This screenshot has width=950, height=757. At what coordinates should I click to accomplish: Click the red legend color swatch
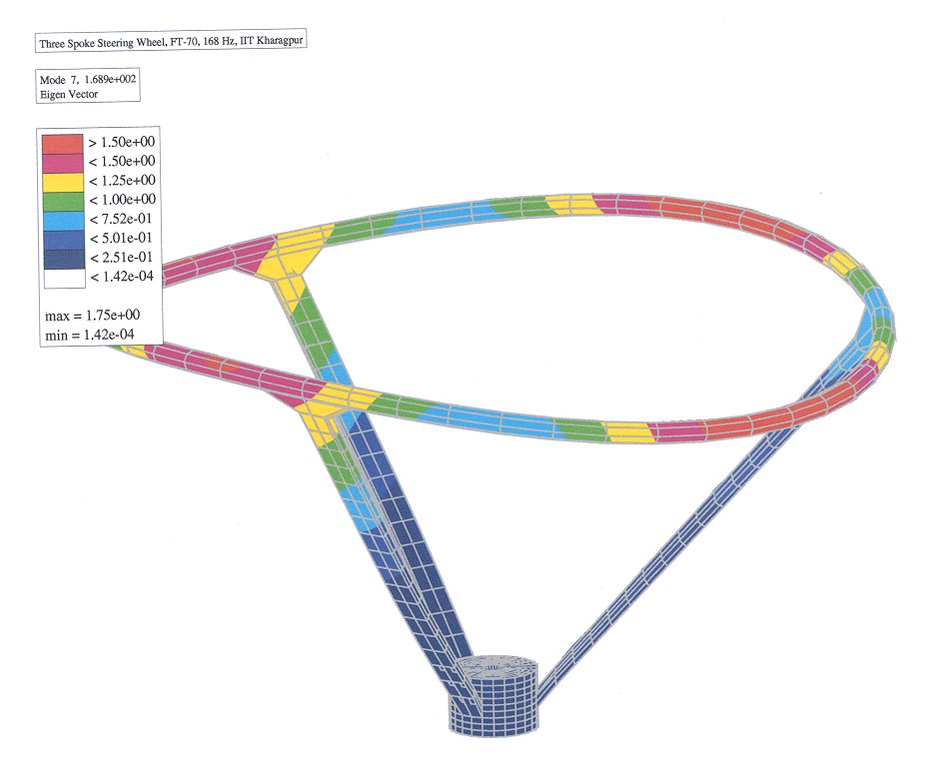62,144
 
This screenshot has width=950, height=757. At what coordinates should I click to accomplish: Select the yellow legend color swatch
62,183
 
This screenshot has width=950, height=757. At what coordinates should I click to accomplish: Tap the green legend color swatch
63,202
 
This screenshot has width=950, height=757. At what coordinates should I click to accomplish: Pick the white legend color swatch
64,279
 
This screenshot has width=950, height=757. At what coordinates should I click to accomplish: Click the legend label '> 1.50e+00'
121,143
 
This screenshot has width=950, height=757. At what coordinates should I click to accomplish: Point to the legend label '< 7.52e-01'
121,220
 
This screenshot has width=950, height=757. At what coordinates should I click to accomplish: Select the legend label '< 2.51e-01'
121,258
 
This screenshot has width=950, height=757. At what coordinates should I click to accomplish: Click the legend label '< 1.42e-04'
122,277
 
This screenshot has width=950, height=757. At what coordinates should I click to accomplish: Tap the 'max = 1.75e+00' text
92,316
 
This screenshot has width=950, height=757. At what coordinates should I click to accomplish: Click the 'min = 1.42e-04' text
90,335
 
